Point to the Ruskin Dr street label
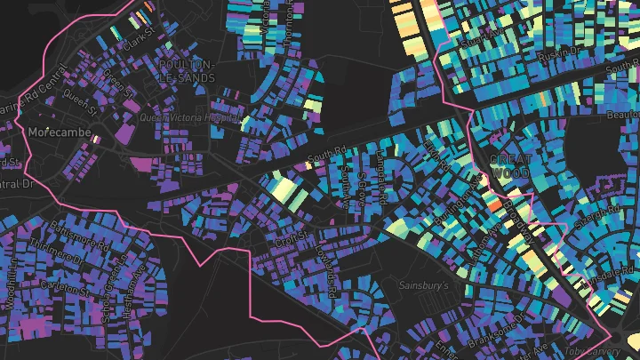[x=557, y=52]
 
